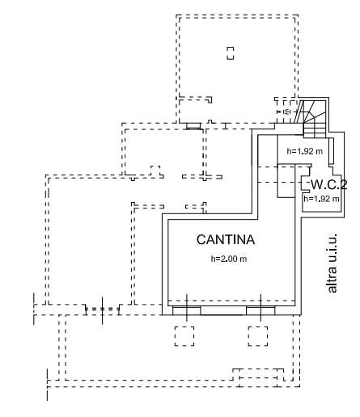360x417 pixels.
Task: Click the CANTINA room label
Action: pos(226,240)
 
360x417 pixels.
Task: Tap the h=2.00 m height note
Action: pos(229,259)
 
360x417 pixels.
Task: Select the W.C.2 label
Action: pos(329,185)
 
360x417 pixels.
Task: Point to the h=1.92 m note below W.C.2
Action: pos(321,199)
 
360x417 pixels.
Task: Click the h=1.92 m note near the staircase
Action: pos(304,151)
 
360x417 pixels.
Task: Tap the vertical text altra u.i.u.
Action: pos(332,263)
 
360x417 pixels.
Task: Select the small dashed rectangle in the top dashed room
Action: pos(230,53)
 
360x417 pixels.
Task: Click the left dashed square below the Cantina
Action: pos(184,336)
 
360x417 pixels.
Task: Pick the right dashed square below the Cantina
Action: pos(258,336)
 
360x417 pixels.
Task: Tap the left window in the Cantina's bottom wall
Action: pos(186,310)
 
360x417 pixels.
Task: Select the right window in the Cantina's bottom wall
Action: pos(260,310)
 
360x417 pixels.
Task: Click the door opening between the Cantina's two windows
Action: pos(223,310)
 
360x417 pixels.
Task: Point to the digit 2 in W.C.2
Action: pos(344,185)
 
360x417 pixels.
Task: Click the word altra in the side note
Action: pos(332,280)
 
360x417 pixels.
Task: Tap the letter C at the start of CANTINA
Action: pos(201,240)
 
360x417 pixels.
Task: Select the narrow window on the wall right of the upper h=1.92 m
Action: pos(332,151)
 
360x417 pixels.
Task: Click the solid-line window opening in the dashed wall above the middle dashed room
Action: pos(193,126)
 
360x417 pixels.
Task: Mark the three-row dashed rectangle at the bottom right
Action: pos(258,377)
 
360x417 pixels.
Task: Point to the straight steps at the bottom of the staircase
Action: pos(315,130)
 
